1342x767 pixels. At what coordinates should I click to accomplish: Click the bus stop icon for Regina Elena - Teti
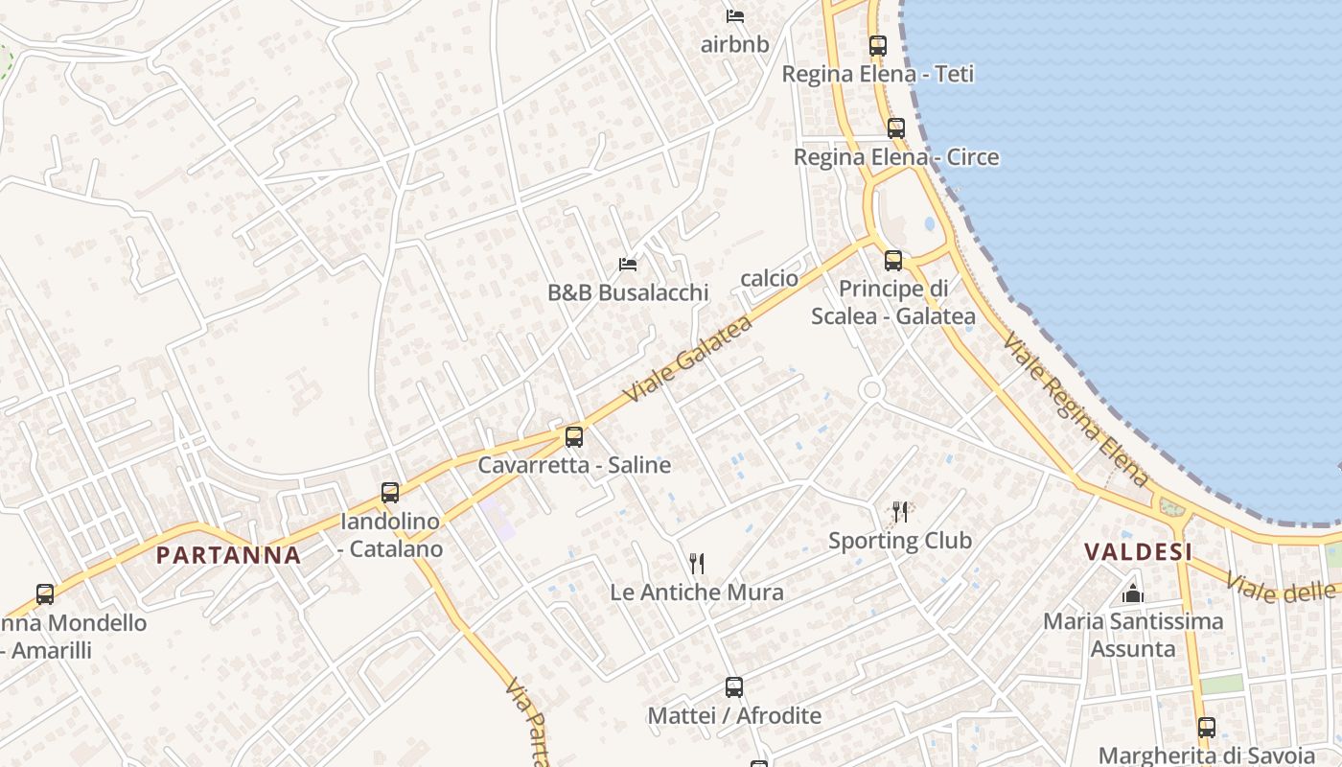click(x=877, y=45)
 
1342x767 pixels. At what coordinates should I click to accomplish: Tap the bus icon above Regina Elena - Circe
click(x=896, y=128)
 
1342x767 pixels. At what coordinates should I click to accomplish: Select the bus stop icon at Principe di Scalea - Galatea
click(x=893, y=260)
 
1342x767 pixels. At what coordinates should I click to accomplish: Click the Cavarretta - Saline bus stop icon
click(x=574, y=437)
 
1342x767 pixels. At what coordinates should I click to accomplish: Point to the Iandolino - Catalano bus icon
click(x=390, y=493)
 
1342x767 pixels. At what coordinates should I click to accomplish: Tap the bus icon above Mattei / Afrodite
click(x=734, y=687)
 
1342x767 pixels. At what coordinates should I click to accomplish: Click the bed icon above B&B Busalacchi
click(x=628, y=264)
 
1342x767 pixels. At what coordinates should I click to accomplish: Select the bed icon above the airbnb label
click(x=735, y=15)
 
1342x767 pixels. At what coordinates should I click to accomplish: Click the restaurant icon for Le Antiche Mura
click(x=697, y=564)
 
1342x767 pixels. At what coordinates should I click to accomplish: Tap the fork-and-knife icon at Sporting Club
click(x=899, y=512)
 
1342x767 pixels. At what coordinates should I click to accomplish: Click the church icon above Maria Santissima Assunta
click(x=1133, y=593)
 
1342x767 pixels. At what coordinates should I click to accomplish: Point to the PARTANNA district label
click(x=228, y=554)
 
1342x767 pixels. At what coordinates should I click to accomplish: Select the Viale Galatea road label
click(x=687, y=359)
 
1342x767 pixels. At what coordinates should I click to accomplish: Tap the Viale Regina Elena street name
click(x=1076, y=409)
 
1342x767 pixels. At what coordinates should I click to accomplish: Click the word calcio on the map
click(x=769, y=278)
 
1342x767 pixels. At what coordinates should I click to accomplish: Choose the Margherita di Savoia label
click(x=1206, y=755)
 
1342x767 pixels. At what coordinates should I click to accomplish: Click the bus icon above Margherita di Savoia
click(x=1206, y=727)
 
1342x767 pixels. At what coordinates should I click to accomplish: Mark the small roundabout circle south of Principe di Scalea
click(x=871, y=389)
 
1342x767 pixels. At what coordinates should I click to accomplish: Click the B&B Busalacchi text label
click(x=628, y=292)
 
